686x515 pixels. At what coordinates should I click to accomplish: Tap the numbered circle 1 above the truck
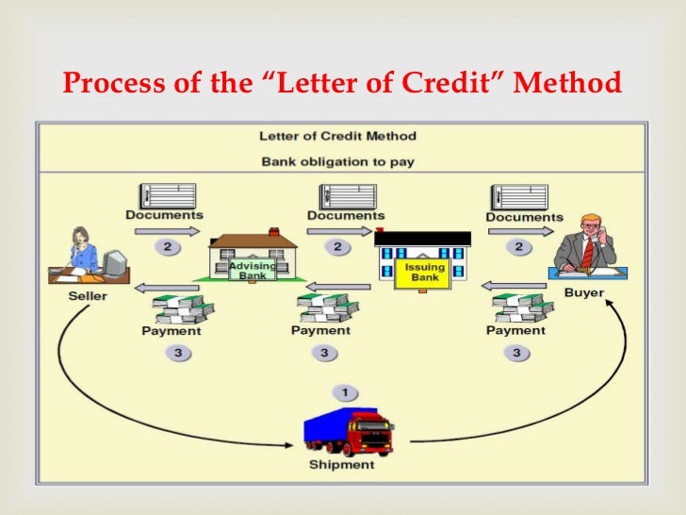pos(345,391)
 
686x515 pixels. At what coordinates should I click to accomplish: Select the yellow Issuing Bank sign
pos(425,273)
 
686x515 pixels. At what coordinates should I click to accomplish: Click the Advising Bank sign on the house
pos(252,271)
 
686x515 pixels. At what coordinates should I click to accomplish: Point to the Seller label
pos(88,296)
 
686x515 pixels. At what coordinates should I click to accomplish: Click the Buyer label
pos(584,292)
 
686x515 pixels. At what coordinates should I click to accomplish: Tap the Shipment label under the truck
pos(341,465)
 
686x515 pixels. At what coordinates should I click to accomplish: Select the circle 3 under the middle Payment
pos(324,353)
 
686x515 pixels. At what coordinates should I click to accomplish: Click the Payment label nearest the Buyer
pos(515,330)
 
